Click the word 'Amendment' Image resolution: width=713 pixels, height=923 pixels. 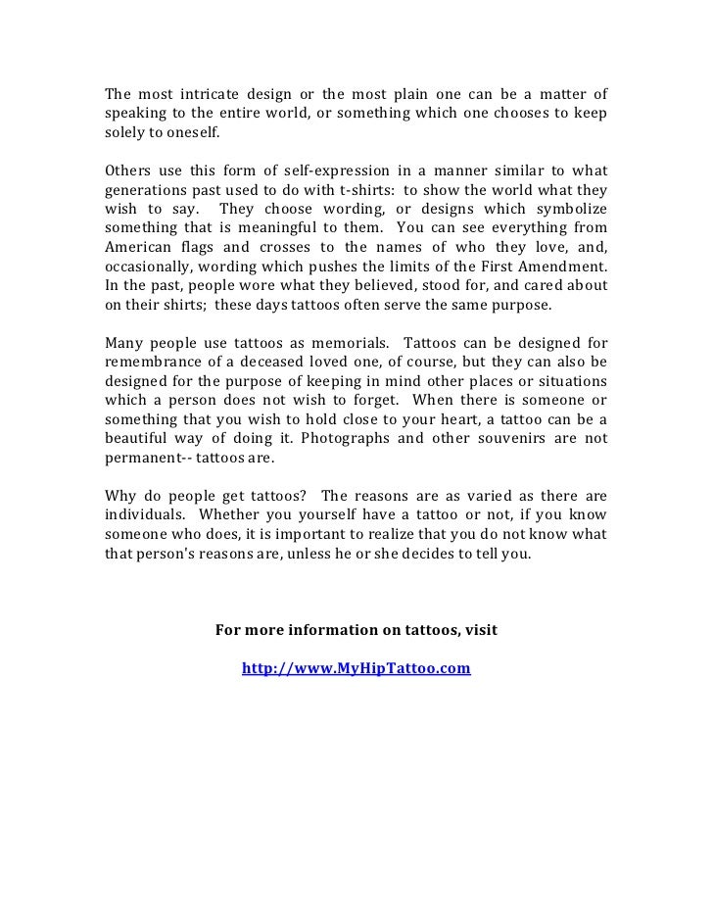pos(559,268)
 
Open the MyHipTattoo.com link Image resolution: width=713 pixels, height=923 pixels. pos(356,669)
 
